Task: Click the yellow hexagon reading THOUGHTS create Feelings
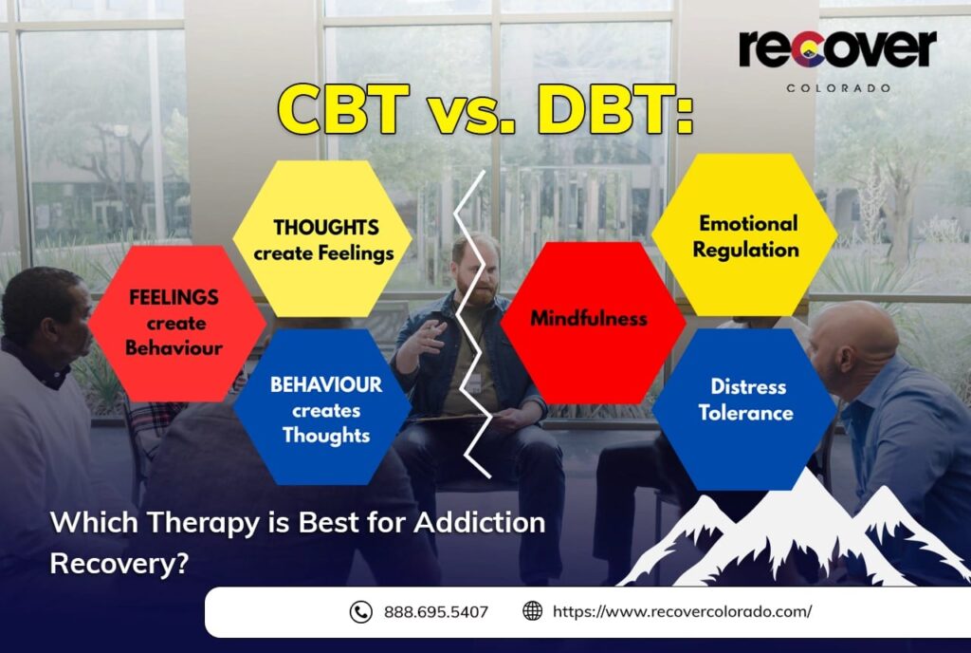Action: [322, 239]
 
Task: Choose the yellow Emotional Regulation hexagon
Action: [745, 237]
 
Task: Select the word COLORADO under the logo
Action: [837, 87]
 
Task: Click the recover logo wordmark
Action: [837, 49]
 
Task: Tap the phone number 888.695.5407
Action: [436, 612]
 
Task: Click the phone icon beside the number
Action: [360, 612]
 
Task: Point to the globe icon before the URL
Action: [533, 612]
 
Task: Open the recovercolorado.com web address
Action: [682, 612]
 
